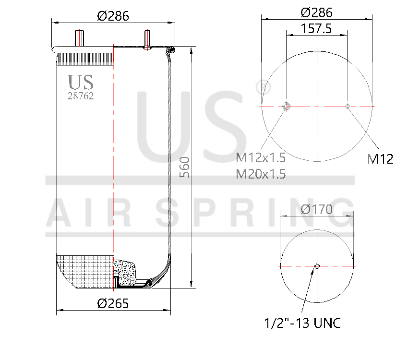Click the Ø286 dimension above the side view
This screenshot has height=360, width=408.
(113, 15)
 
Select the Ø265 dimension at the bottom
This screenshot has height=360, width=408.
(113, 303)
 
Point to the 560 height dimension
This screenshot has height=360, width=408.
(185, 167)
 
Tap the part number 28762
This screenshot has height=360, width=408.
(80, 96)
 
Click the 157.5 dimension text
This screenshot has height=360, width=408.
(316, 28)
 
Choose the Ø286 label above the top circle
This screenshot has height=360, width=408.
(316, 12)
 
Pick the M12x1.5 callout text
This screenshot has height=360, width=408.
(261, 157)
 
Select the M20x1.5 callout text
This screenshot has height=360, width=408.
(261, 174)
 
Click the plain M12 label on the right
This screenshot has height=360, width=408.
(380, 159)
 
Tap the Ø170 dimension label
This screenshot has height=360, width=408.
(317, 209)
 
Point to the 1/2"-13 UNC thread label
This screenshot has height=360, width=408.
(302, 323)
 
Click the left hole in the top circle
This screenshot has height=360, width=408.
(287, 106)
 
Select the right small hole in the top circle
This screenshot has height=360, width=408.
(348, 106)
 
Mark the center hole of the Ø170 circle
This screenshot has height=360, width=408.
(317, 266)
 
